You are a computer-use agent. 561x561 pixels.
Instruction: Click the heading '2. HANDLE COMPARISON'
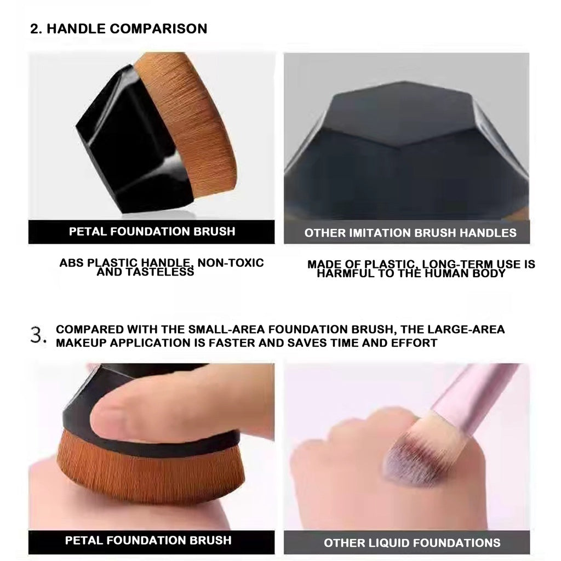pyautogui.click(x=118, y=28)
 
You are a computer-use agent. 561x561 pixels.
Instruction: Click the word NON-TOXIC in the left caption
pyautogui.click(x=231, y=262)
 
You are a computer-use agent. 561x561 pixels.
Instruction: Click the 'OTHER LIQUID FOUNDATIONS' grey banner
pyautogui.click(x=407, y=542)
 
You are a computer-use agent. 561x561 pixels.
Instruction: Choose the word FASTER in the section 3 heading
pyautogui.click(x=232, y=343)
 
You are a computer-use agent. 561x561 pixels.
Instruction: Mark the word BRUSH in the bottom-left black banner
pyautogui.click(x=210, y=540)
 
